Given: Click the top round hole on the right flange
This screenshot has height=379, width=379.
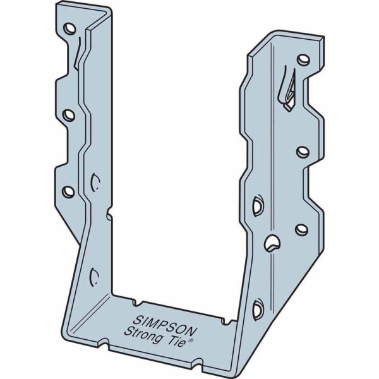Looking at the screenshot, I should coord(304,60).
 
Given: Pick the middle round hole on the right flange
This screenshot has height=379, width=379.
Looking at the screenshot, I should coord(303,151).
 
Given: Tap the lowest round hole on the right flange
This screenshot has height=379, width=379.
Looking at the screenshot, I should coord(302,229).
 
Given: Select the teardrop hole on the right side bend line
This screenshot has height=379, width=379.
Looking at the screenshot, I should coord(272,243).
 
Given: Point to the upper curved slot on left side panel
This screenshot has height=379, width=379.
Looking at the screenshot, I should coord(95,182).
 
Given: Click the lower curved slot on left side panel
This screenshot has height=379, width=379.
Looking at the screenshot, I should coord(93,276).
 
